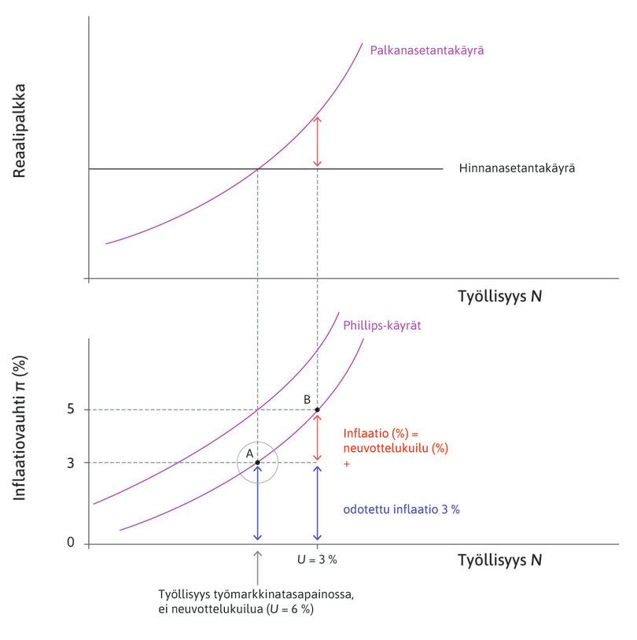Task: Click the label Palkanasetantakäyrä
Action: (426, 50)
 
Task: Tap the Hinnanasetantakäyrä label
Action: (517, 168)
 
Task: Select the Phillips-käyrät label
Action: (382, 324)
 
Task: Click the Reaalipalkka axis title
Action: (20, 130)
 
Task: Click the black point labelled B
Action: (317, 409)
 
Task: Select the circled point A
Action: (257, 462)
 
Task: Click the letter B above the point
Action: (307, 399)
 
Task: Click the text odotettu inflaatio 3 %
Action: (402, 509)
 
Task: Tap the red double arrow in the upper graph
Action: (317, 142)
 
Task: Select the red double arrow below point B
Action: (317, 437)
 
